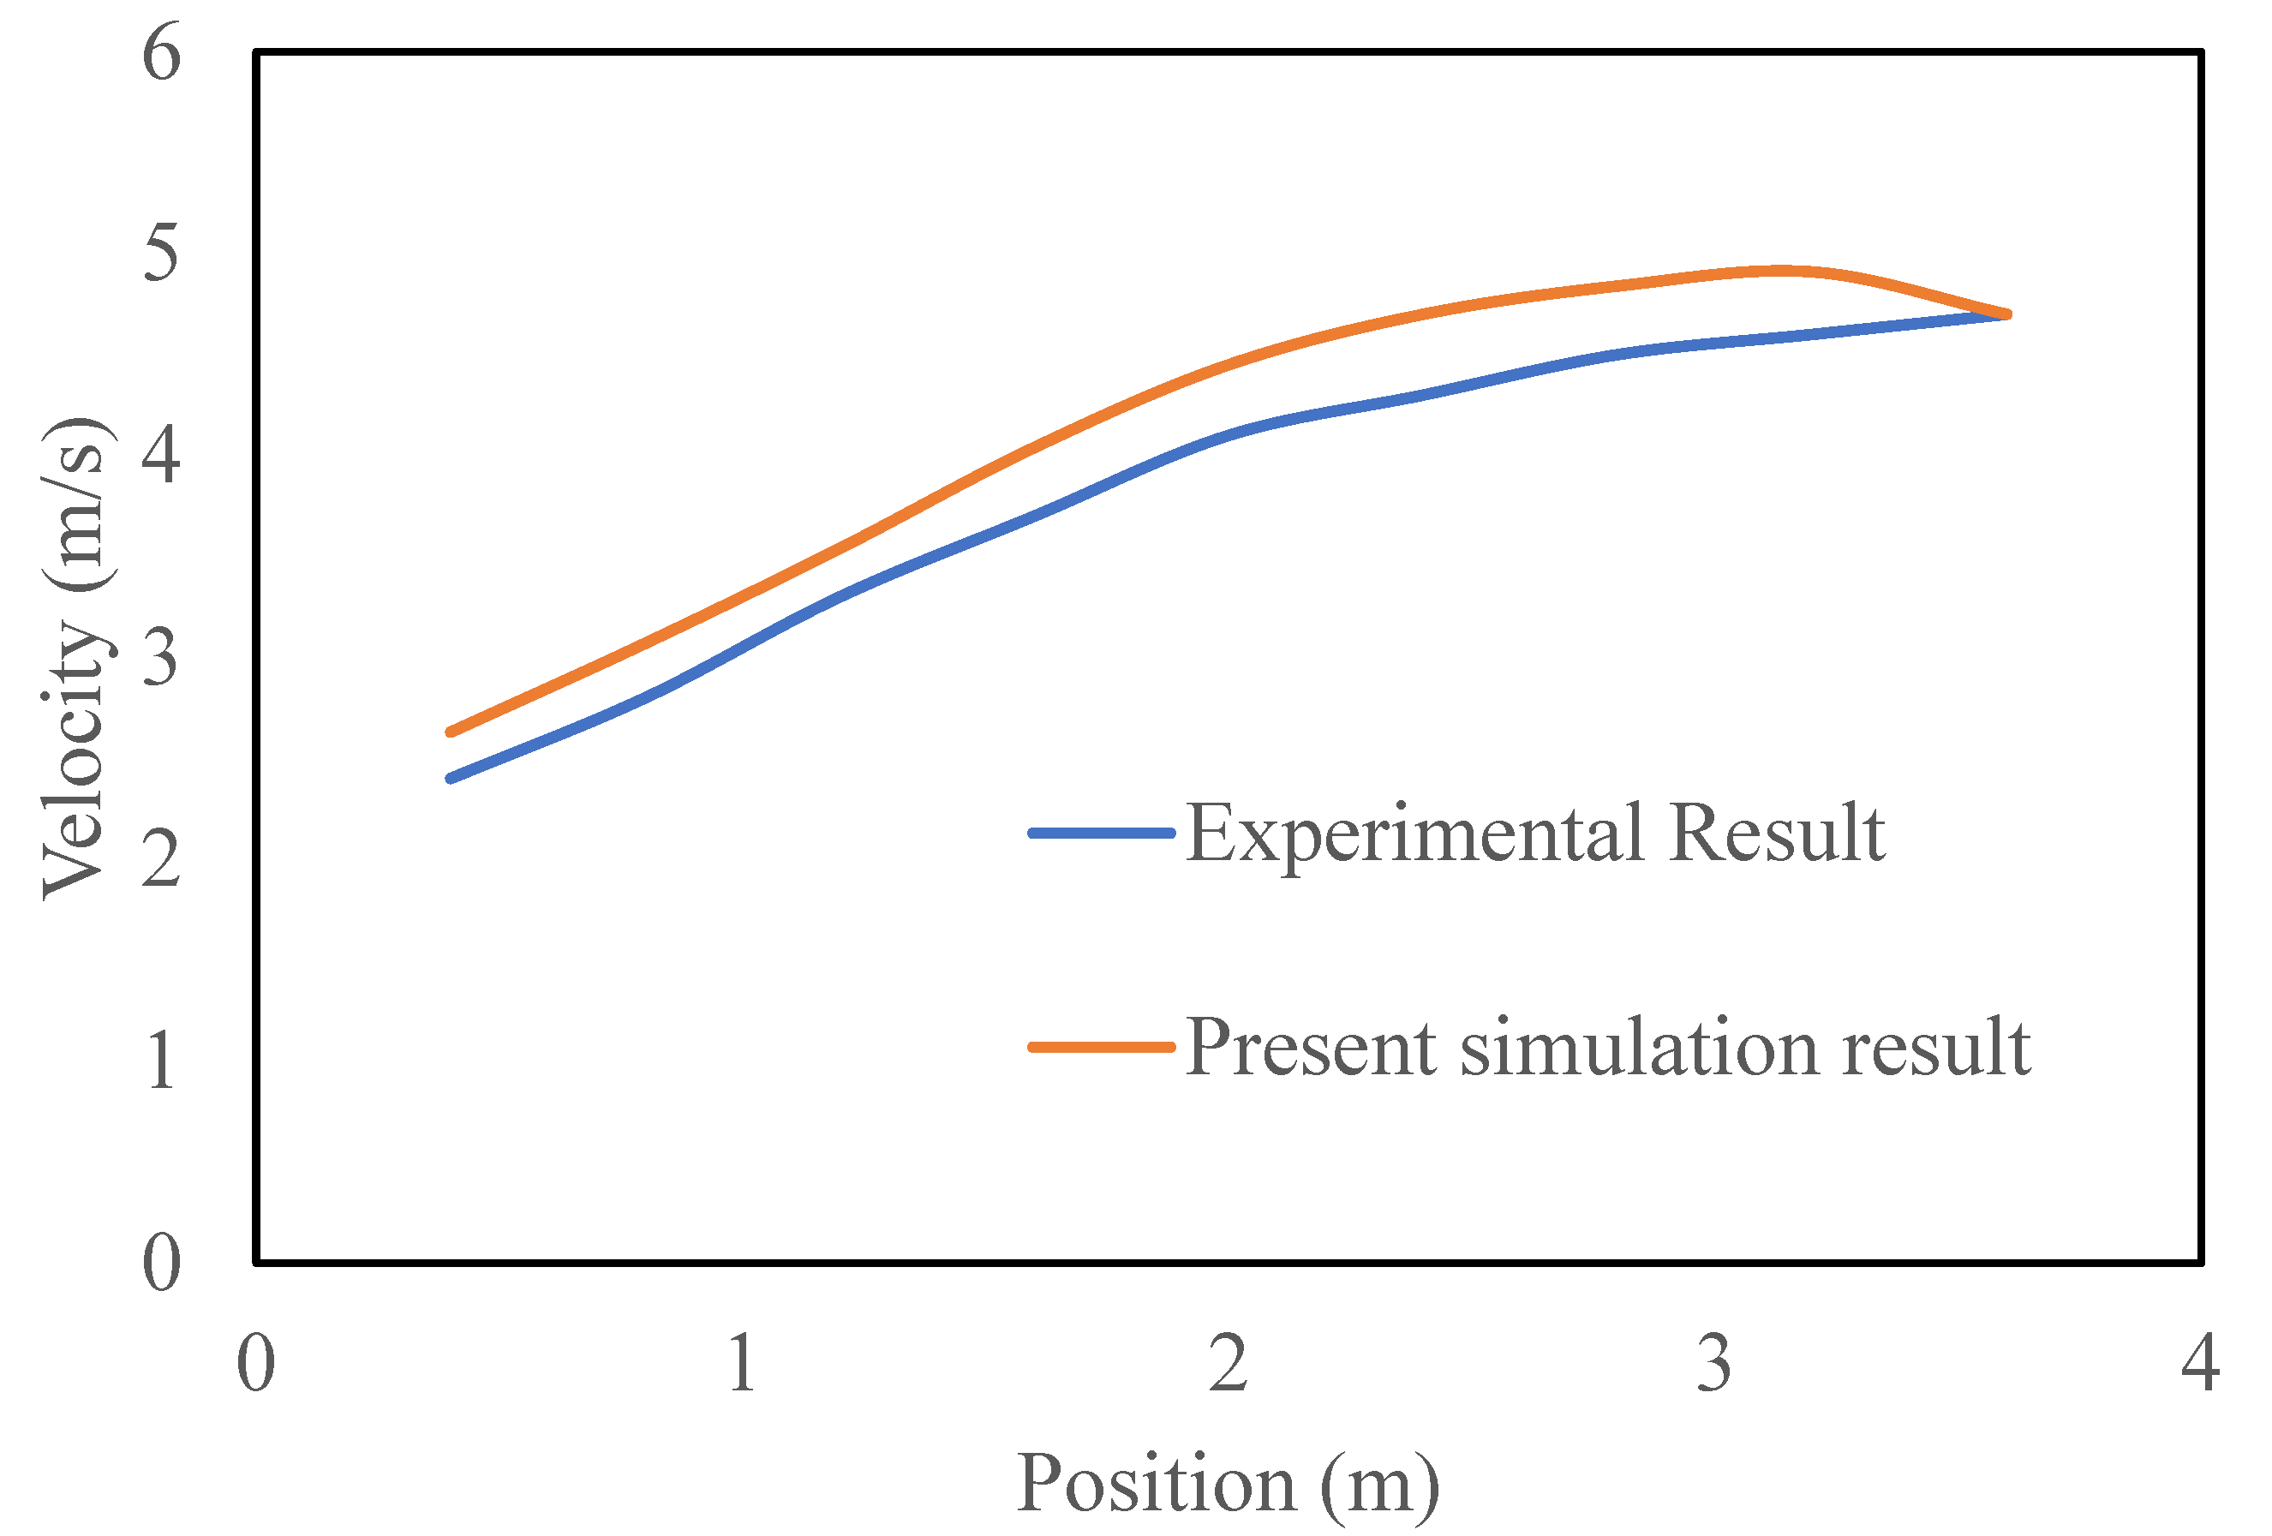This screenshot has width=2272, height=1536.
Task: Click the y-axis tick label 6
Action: (162, 54)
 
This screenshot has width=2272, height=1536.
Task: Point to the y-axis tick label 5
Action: (162, 254)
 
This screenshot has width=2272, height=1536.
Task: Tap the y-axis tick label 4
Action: (161, 456)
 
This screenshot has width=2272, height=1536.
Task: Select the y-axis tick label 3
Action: (162, 657)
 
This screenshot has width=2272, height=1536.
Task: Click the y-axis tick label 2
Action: (161, 859)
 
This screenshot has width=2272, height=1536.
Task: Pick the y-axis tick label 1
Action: (162, 1061)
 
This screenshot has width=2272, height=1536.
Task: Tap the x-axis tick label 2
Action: (1229, 1363)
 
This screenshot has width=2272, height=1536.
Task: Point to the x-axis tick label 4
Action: (2201, 1363)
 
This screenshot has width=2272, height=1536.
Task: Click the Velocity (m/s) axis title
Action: (76, 657)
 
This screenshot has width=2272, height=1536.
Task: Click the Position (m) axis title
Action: (1229, 1485)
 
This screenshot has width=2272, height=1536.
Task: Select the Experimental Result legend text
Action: (1535, 833)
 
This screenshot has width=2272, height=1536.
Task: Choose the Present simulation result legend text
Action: (1608, 1047)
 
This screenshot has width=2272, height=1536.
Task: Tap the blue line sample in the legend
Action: (1102, 833)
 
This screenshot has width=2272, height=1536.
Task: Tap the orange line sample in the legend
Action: (1102, 1047)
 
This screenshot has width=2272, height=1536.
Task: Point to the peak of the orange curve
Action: (1781, 271)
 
